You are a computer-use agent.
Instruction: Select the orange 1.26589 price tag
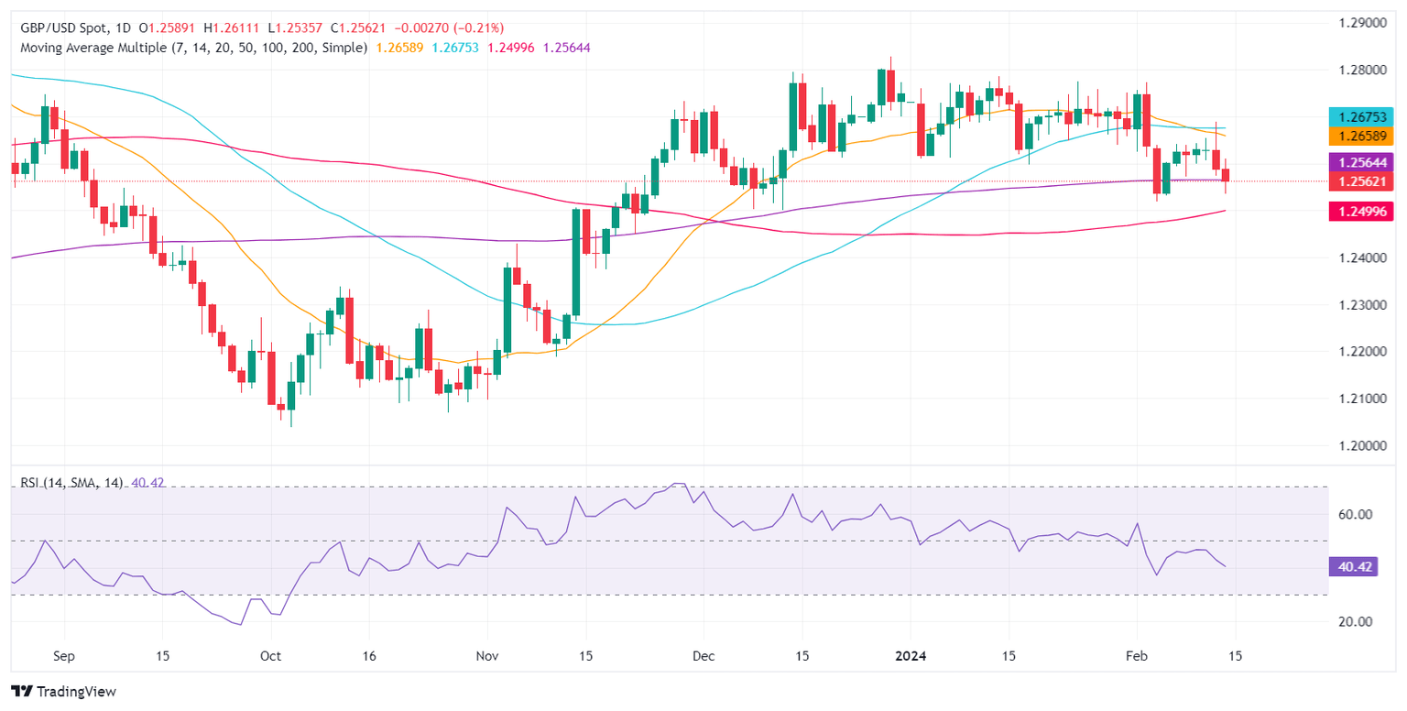click(x=1360, y=137)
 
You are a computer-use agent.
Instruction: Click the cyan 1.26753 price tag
click(x=1360, y=116)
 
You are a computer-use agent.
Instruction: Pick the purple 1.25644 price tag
click(x=1360, y=162)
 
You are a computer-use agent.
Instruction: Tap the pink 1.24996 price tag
click(x=1360, y=212)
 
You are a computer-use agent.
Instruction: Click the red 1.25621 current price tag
click(x=1360, y=181)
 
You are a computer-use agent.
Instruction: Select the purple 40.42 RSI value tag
click(x=1348, y=567)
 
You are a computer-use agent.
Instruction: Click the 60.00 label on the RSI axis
click(x=1348, y=515)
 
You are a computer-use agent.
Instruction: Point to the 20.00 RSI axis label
click(x=1348, y=621)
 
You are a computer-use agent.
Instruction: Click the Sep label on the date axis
click(x=64, y=656)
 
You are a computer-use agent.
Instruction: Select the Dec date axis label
click(x=703, y=656)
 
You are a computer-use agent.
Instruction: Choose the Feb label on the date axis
click(x=1137, y=656)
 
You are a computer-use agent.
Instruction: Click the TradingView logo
click(x=63, y=691)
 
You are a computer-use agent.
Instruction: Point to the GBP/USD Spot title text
click(x=60, y=28)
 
